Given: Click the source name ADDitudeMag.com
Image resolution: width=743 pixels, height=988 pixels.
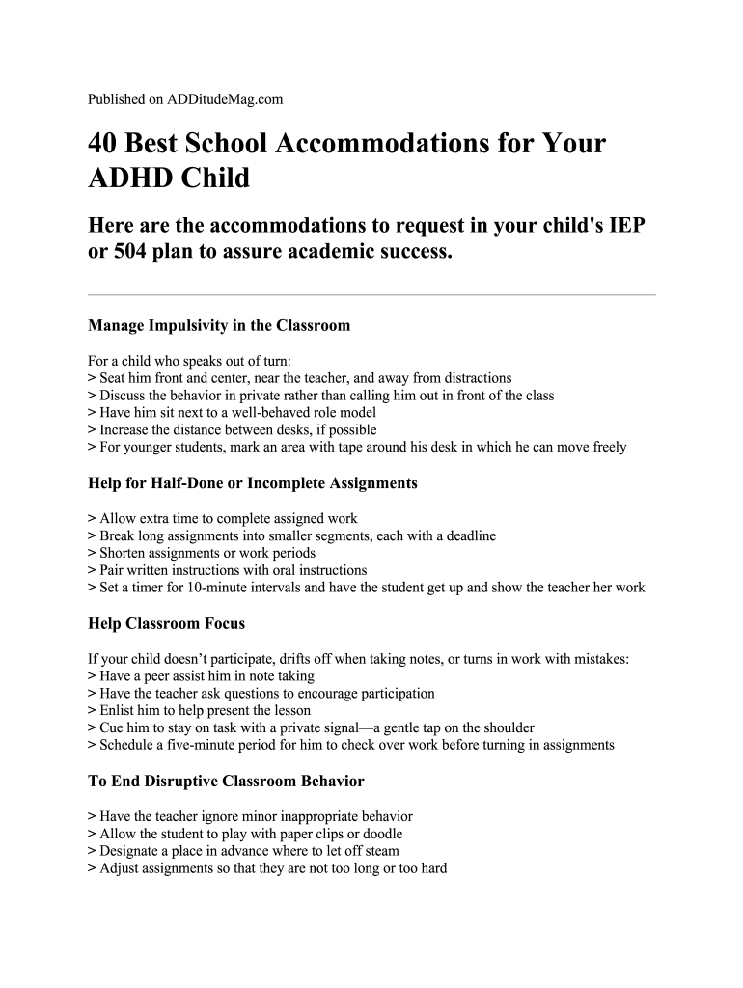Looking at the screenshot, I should pos(225,98).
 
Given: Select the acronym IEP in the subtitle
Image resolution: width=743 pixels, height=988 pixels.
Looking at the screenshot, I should pos(624,225).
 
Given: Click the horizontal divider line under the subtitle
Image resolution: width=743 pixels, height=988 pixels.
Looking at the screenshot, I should pos(371,294).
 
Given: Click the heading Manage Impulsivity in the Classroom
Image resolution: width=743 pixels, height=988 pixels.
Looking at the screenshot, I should pos(219,325).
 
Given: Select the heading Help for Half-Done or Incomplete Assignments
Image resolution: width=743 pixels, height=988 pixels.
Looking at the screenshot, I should pos(253,482).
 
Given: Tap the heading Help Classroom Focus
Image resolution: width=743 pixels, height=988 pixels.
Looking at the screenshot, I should pos(166,623).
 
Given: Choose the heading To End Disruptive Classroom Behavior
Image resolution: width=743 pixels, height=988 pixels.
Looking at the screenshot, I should pos(226,780).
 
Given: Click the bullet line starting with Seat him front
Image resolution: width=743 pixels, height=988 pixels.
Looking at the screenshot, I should pos(299,378).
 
